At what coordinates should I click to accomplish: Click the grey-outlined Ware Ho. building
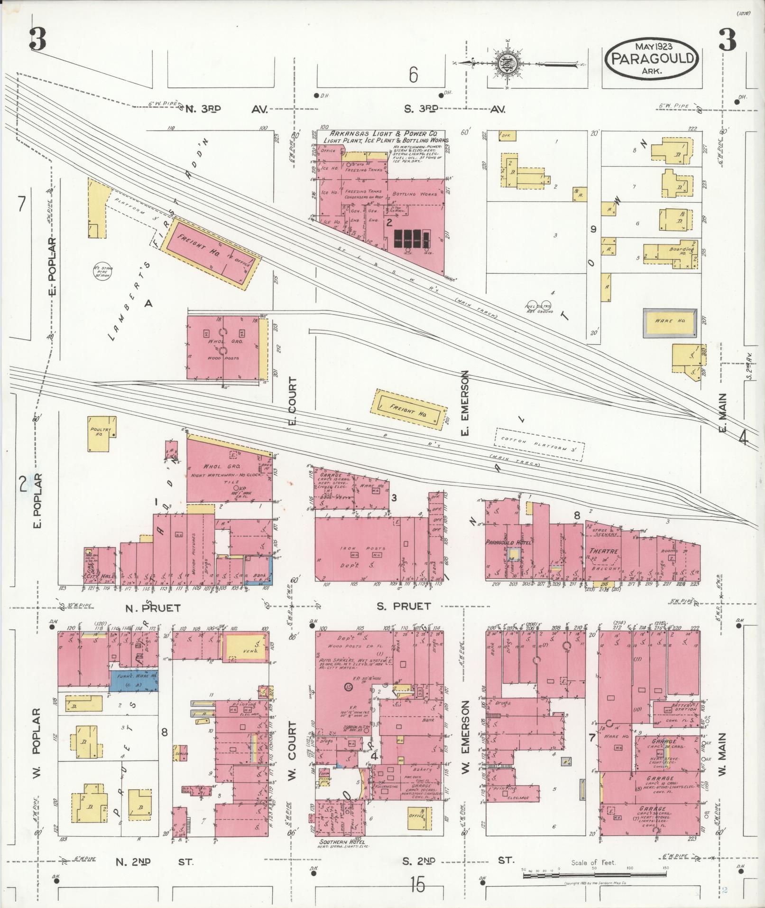coord(670,323)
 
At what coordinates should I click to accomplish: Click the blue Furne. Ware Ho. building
coord(134,680)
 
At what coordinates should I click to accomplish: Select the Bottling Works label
coord(410,194)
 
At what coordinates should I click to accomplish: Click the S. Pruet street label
coord(404,606)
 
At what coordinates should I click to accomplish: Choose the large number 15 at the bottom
coord(417,885)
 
